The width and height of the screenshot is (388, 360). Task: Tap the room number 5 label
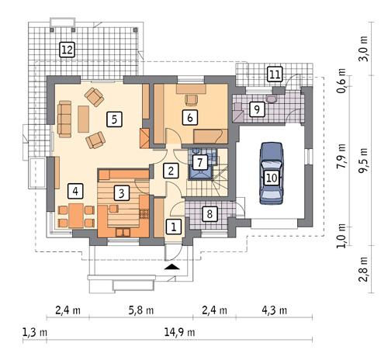tap(114, 119)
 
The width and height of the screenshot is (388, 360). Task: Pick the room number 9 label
tap(256, 111)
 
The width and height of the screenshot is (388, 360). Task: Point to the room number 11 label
tap(274, 74)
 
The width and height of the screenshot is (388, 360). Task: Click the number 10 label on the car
tap(271, 178)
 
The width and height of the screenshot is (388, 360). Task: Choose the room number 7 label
tap(200, 162)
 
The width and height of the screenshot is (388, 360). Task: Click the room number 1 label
tap(174, 227)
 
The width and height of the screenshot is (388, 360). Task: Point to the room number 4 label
tap(75, 190)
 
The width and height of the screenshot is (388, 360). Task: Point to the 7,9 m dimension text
tap(341, 157)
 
